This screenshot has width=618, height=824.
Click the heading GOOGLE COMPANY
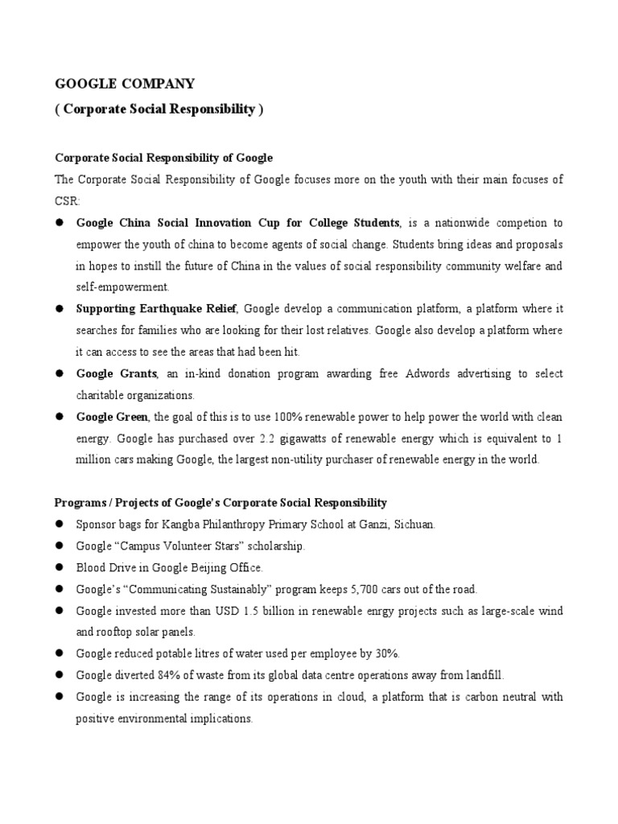point(124,83)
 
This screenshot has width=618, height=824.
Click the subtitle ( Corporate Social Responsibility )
point(159,109)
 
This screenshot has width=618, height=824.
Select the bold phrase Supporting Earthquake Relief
point(157,309)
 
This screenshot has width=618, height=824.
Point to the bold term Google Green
point(112,417)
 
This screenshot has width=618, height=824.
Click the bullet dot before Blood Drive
point(60,568)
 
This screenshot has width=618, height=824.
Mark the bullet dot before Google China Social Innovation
point(60,222)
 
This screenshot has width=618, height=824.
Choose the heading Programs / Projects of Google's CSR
point(220,503)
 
